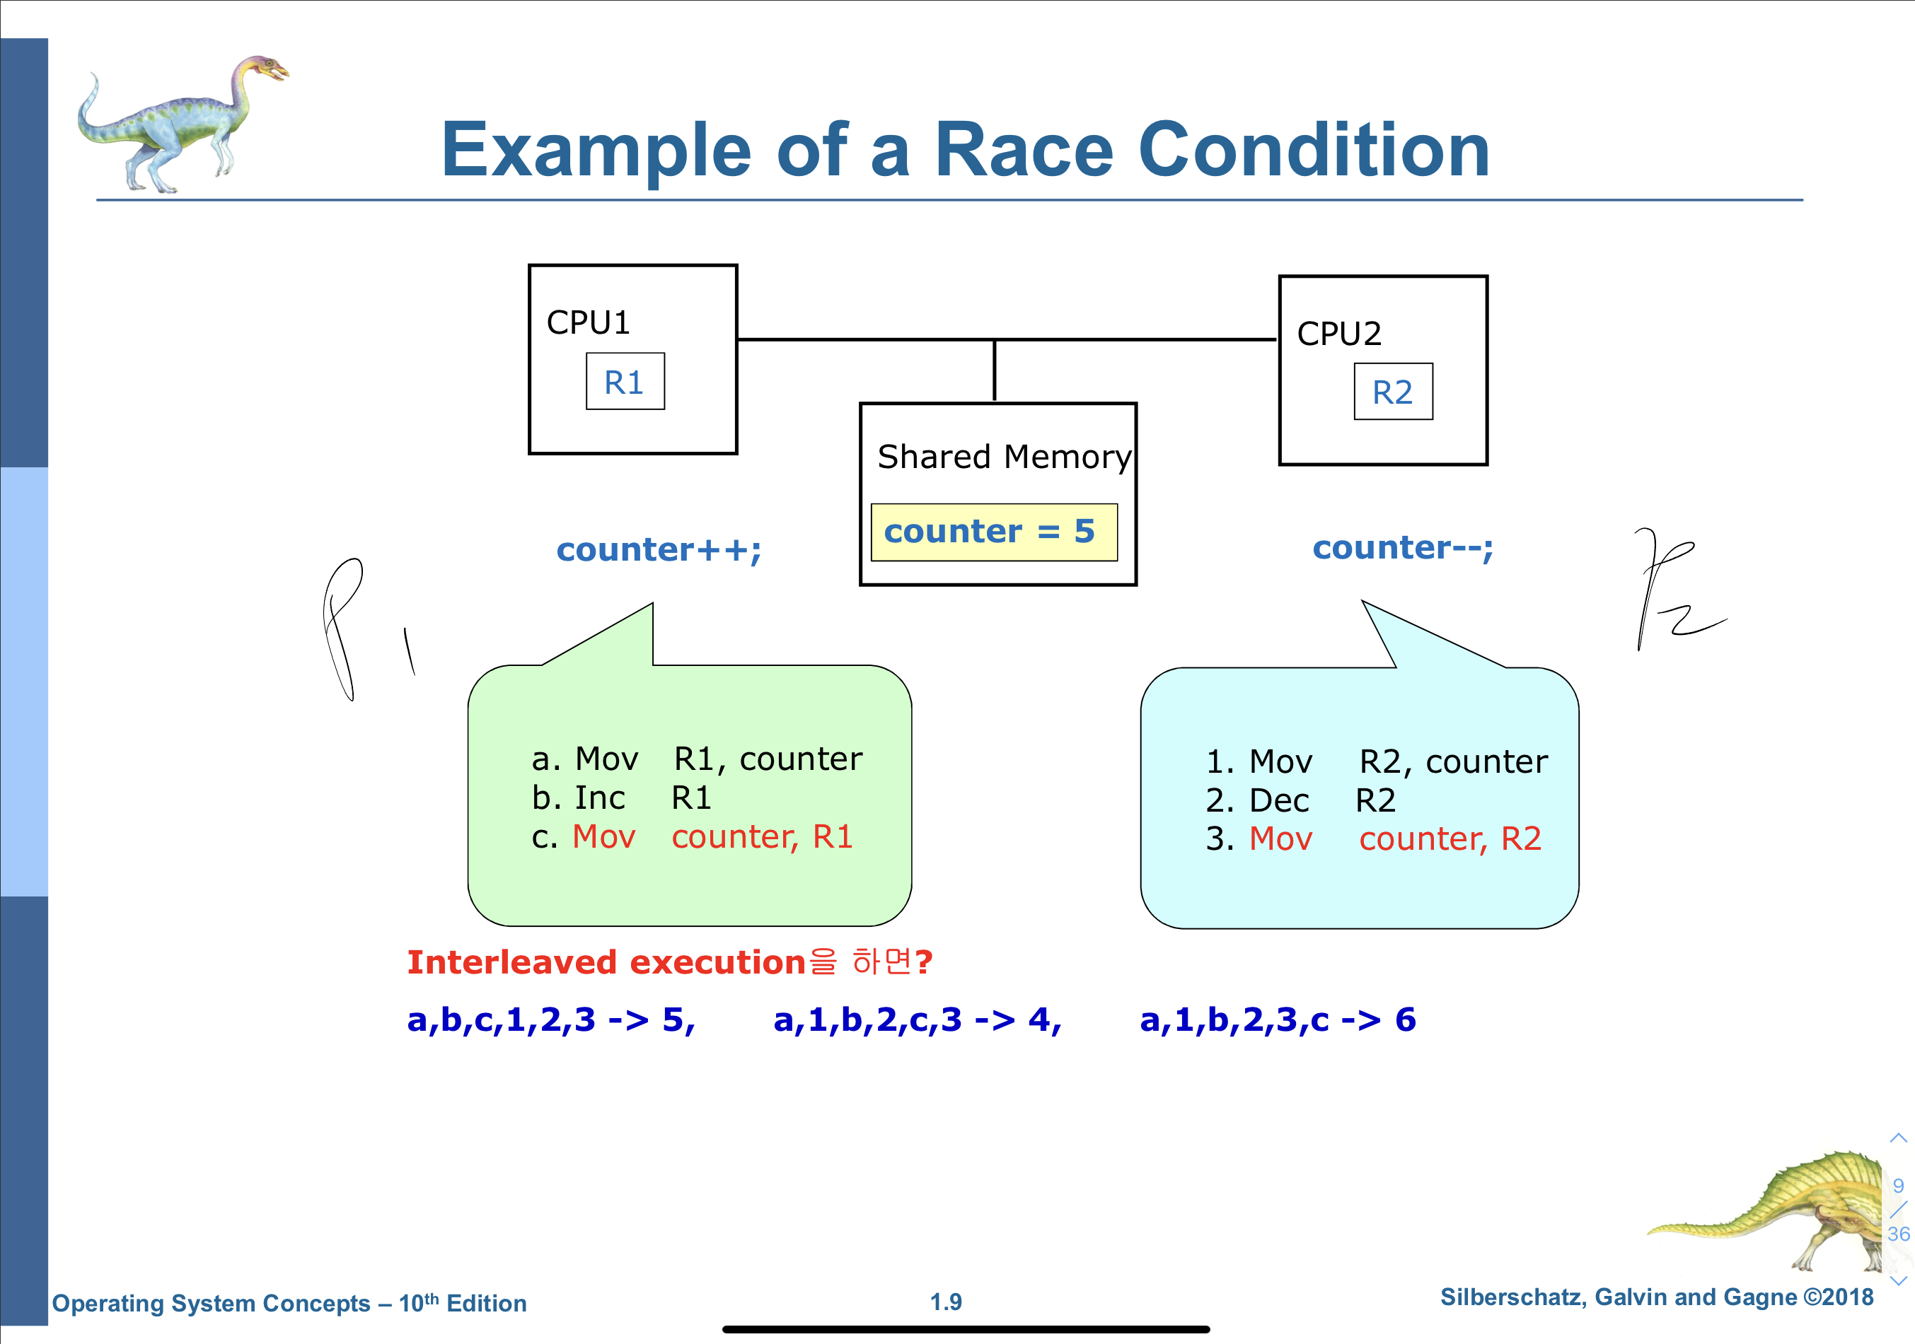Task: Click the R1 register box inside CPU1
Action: [x=625, y=382]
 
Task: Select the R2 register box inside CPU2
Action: [x=1392, y=392]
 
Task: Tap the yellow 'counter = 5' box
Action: [x=993, y=532]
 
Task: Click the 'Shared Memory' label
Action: [x=1003, y=457]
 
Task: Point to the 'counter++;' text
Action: [x=658, y=550]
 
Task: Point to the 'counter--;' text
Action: [x=1402, y=548]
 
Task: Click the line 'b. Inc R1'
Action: [x=621, y=798]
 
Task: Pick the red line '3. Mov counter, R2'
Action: [x=1373, y=838]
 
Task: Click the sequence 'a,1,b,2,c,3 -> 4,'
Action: [x=917, y=1019]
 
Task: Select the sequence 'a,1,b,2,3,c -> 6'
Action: [x=1277, y=1019]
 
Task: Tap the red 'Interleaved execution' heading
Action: [x=606, y=962]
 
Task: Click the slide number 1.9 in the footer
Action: [x=946, y=1302]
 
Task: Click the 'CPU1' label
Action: [x=588, y=322]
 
